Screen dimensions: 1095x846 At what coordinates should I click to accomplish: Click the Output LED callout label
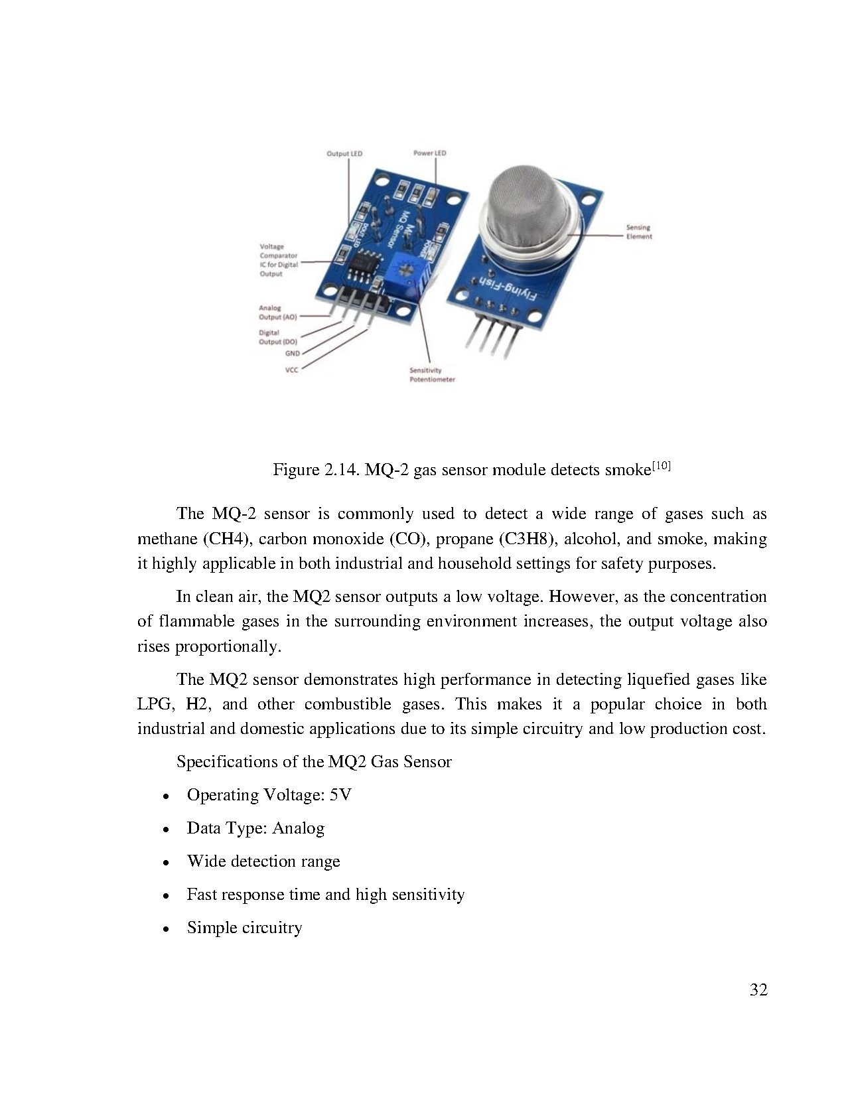click(x=344, y=154)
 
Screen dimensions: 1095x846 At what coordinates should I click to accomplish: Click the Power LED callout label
click(x=429, y=153)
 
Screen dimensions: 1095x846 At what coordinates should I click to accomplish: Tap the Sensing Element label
click(x=639, y=232)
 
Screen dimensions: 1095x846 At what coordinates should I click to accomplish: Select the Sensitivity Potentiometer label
click(x=432, y=375)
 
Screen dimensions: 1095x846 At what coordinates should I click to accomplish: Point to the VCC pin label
click(x=292, y=370)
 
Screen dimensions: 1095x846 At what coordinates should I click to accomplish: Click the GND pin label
click(x=292, y=354)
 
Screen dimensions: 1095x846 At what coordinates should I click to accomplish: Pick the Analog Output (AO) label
click(x=277, y=313)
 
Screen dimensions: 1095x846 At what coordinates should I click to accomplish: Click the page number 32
click(x=758, y=990)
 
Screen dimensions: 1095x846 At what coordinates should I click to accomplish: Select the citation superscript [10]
click(x=662, y=466)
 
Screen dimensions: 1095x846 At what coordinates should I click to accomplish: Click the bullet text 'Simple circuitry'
click(x=244, y=928)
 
